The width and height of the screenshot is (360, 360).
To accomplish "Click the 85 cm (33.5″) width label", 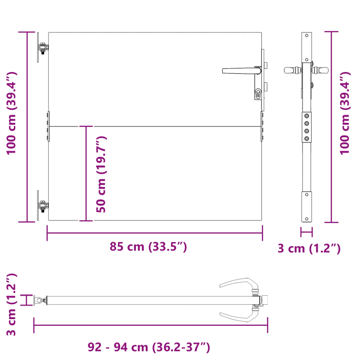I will tap(148, 247).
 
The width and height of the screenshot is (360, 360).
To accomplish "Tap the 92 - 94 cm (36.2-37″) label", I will tap(149, 347).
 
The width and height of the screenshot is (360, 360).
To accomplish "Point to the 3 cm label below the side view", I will tap(309, 248).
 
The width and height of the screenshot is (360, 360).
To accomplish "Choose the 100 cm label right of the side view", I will tap(345, 112).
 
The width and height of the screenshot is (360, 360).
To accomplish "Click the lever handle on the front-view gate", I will tap(238, 71).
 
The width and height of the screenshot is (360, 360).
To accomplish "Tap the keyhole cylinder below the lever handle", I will tap(258, 94).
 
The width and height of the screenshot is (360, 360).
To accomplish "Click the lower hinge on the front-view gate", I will tap(43, 206).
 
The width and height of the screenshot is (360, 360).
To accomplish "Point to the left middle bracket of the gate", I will tap(47, 127).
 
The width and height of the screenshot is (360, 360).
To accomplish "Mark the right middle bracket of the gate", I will tap(262, 127).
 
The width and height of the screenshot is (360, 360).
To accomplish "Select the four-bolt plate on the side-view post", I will tap(306, 127).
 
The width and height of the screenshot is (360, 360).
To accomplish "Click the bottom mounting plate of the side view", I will tap(306, 207).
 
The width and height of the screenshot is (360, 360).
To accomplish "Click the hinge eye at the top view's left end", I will tap(40, 300).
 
